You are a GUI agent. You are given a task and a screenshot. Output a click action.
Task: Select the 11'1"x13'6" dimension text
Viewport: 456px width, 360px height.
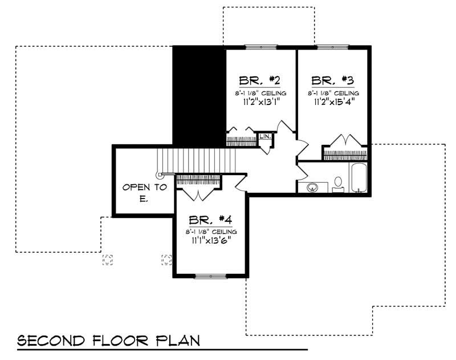[211, 241]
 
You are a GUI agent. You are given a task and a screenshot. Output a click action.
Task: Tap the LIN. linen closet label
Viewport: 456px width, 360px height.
[264, 137]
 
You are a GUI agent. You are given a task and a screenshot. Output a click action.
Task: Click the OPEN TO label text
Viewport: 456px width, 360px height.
[145, 187]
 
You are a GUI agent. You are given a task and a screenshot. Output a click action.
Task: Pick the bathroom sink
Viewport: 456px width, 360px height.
[312, 187]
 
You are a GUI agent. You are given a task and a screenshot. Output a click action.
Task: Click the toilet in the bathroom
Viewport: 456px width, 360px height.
[337, 184]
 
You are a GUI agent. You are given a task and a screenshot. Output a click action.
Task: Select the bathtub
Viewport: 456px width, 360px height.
[359, 178]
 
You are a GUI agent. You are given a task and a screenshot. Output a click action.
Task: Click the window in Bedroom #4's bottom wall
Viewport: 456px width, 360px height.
[211, 277]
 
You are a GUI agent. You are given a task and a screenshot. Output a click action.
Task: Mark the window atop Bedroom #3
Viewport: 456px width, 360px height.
[333, 47]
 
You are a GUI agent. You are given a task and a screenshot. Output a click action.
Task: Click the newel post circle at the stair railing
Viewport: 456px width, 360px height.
[160, 175]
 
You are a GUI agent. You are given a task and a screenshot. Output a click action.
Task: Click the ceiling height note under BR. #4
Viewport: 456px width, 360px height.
[211, 232]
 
